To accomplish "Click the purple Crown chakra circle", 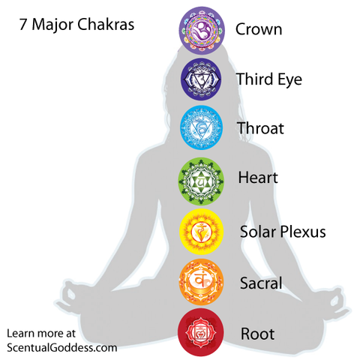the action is (x=202, y=30).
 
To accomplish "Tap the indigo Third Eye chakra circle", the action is (x=201, y=79).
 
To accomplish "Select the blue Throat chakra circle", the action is (x=201, y=127).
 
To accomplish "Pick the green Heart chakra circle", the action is (x=201, y=181).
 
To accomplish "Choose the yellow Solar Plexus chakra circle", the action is (x=201, y=232).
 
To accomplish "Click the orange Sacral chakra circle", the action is (x=201, y=282).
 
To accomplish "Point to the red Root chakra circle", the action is (x=201, y=332).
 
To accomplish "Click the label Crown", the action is (x=259, y=29).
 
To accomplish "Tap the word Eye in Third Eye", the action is (x=289, y=80).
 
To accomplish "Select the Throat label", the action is (x=260, y=128).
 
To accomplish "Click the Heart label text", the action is (x=258, y=178).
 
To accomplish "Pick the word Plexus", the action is (x=303, y=231).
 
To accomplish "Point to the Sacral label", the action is (x=261, y=283).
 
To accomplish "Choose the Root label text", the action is (x=257, y=334).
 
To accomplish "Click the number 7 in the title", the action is (x=23, y=25).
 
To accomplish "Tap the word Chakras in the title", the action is (x=106, y=24).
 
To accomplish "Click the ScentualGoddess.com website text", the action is (x=62, y=348).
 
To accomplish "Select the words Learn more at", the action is (x=41, y=333).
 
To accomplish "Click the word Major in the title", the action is (x=52, y=25).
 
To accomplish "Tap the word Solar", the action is (x=258, y=231).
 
